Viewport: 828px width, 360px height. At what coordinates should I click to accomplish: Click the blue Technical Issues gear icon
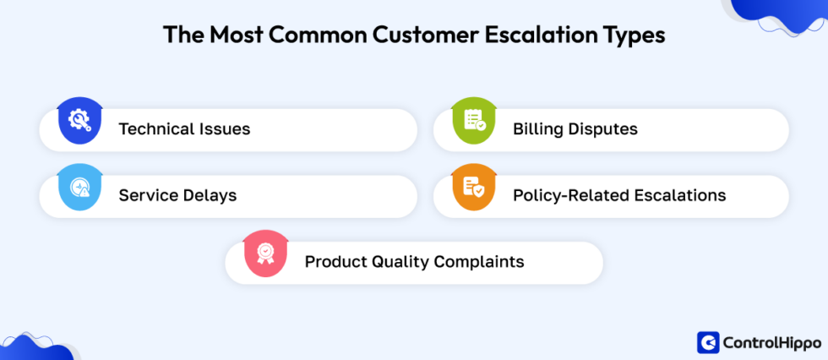tap(79, 120)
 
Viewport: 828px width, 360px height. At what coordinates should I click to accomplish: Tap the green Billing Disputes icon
tap(474, 120)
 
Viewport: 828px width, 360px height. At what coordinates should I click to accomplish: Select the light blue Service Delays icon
tap(79, 187)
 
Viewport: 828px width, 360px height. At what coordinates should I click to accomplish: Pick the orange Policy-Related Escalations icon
tap(474, 187)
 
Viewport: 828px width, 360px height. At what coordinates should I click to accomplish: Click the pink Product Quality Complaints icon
tap(265, 254)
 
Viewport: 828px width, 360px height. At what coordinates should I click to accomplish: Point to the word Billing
tap(536, 129)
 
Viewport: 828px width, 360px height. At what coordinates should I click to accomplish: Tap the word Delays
tap(210, 196)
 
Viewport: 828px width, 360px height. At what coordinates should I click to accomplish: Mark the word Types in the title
tap(635, 35)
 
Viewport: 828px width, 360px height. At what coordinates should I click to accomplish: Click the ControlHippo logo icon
tap(708, 342)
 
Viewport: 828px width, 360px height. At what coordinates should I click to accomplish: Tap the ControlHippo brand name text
tap(771, 342)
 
